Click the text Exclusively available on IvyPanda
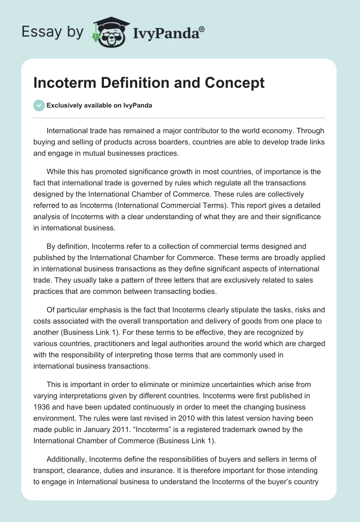pos(99,106)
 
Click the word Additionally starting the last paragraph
pos(66,459)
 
